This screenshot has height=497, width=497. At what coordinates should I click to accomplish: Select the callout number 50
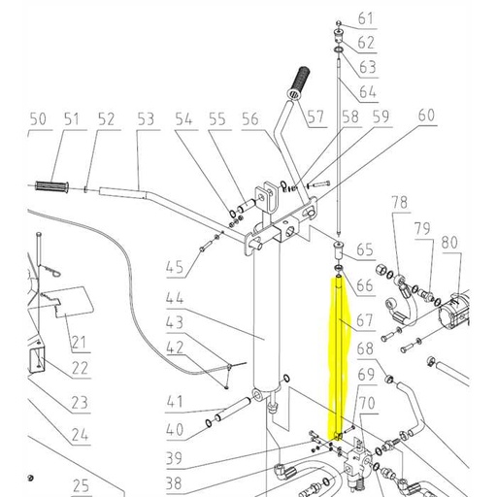[x=37, y=119]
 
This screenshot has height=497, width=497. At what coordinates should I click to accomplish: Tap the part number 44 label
[x=174, y=297]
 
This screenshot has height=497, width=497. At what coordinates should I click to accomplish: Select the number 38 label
[x=174, y=482]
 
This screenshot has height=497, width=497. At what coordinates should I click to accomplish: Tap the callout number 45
[x=174, y=267]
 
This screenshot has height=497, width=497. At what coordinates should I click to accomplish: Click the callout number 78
[x=399, y=202]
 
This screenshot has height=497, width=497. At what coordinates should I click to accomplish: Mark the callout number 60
[x=426, y=116]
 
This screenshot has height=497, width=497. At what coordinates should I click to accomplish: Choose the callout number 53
[x=147, y=119]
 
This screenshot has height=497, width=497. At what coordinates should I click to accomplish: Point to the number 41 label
[x=174, y=401]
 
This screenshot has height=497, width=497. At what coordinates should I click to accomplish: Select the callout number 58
[x=348, y=116]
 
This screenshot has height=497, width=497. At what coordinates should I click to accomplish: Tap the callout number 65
[x=365, y=249]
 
